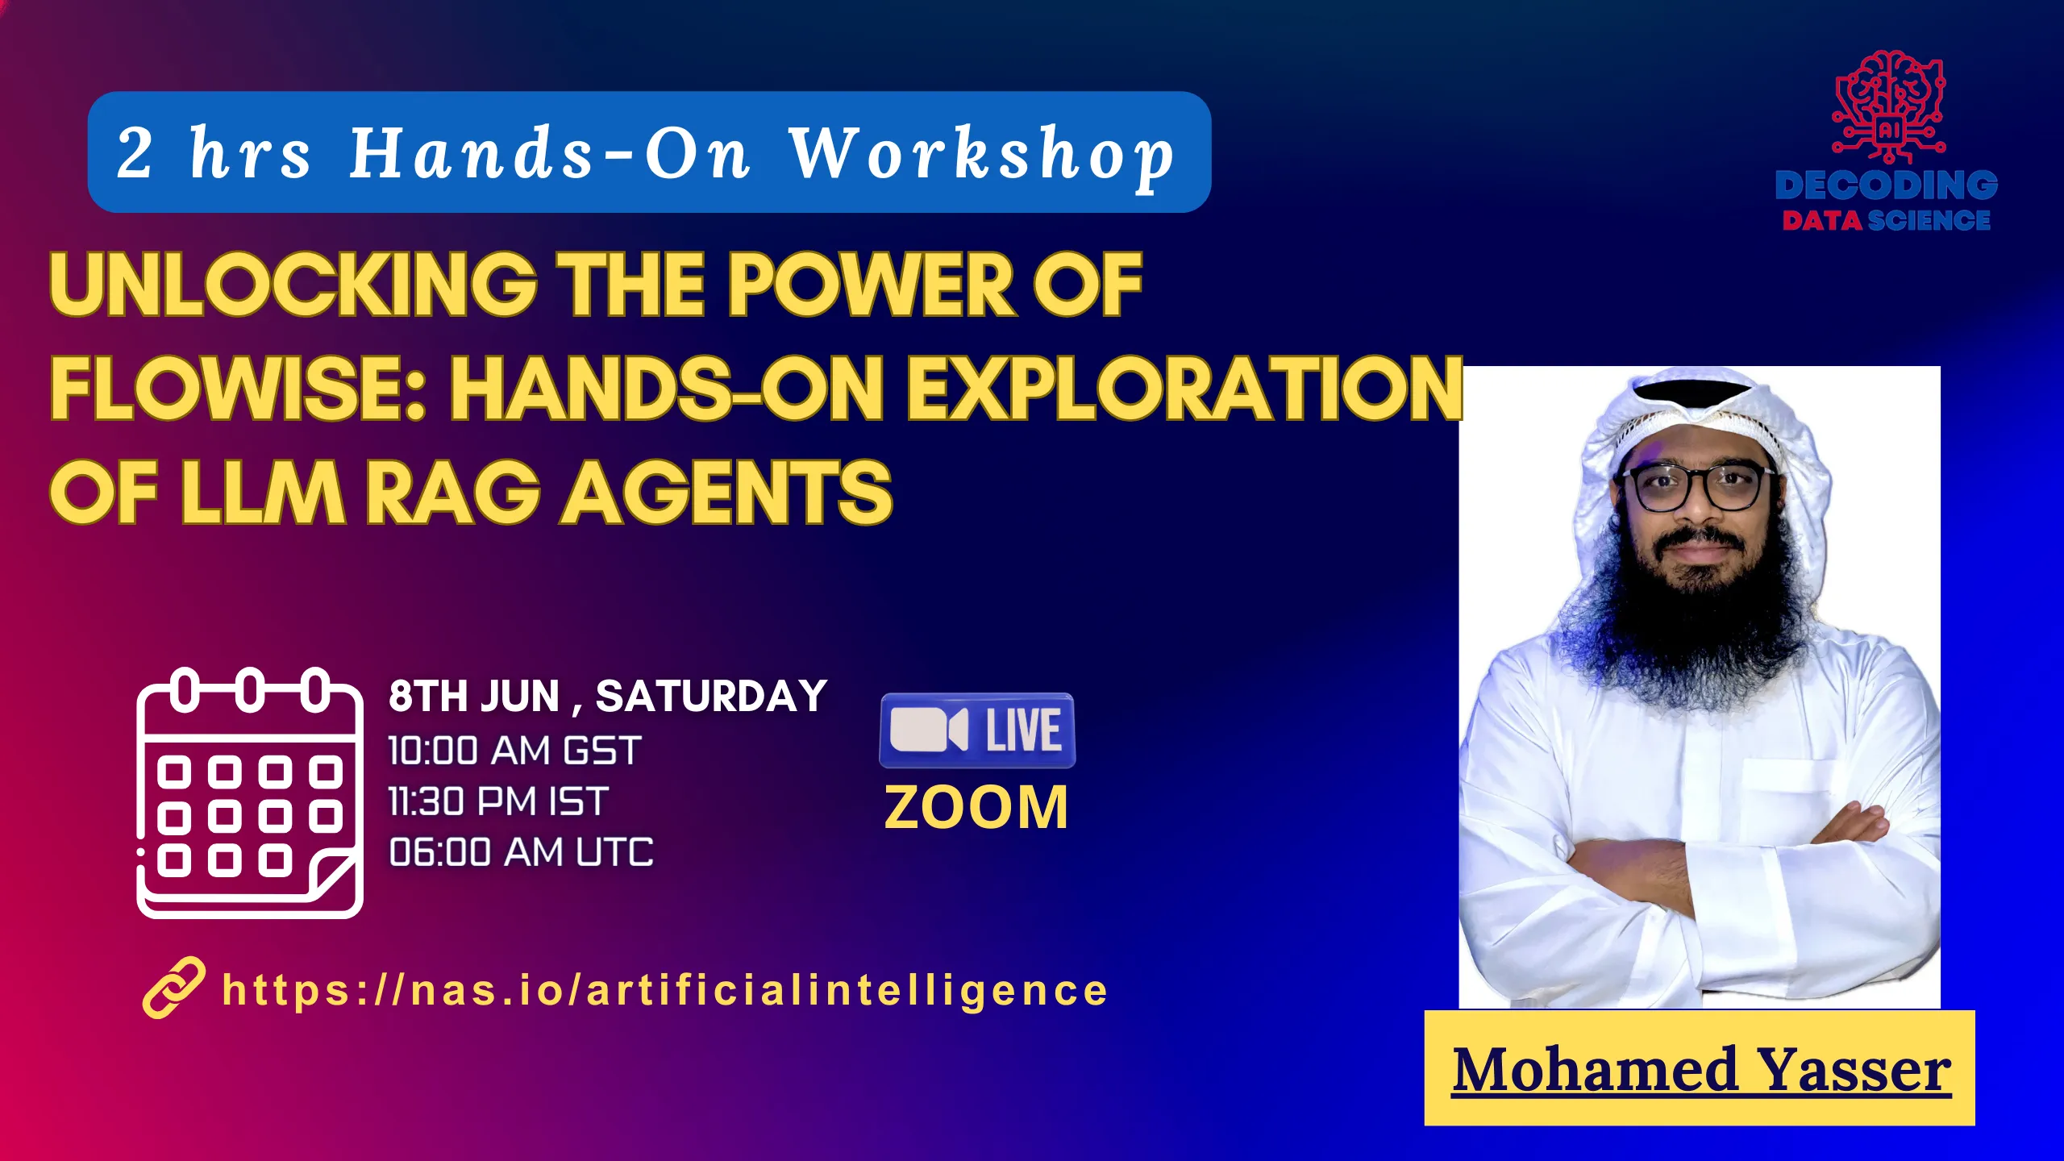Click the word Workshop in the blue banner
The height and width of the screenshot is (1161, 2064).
[982, 155]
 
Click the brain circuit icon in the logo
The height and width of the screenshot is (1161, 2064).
[1889, 107]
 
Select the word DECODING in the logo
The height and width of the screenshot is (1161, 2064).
[1887, 185]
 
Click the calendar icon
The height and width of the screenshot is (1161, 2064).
[250, 793]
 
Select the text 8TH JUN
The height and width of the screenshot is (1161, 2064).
[474, 696]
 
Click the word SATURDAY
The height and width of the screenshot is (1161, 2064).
[711, 696]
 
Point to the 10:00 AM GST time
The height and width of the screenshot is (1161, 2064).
[514, 751]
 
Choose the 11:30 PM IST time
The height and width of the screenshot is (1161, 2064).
[497, 801]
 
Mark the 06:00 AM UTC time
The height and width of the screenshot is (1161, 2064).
[521, 852]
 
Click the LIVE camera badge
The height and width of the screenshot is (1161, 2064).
[977, 730]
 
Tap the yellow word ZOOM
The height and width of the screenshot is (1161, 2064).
[976, 807]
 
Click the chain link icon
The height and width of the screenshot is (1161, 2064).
[173, 988]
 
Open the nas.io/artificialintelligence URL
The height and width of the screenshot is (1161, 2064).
[665, 991]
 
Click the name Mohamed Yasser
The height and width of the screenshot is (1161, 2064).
[1701, 1069]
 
